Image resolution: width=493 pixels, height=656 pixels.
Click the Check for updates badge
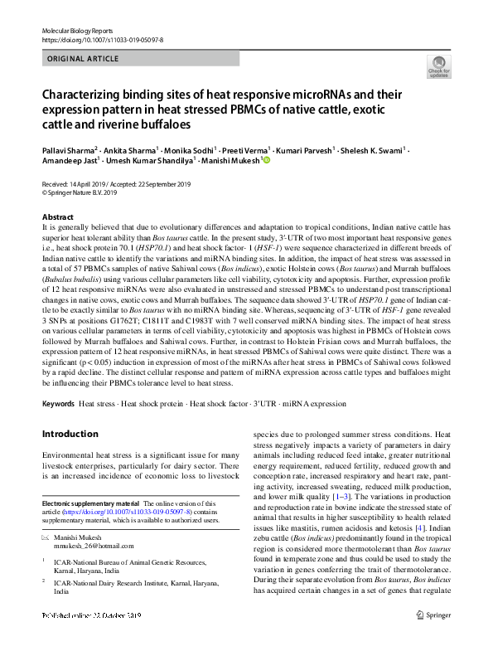pos(437,66)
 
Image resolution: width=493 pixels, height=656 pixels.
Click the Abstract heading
pos(58,215)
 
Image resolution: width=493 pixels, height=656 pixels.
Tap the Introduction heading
pos(70,433)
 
